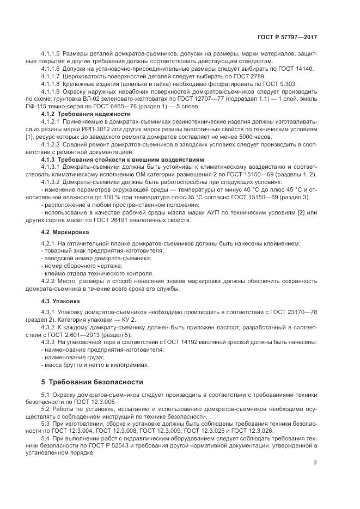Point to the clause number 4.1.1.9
tap(51, 91)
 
